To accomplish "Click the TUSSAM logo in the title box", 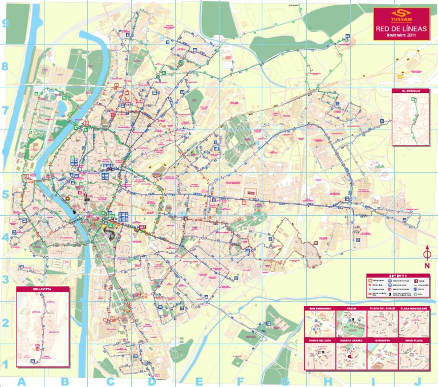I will tap(401, 16).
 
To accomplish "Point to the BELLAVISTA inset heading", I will tap(42, 289).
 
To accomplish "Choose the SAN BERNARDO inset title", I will tap(319, 309).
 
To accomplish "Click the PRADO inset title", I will tap(350, 309).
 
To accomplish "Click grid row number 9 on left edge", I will tap(6, 23).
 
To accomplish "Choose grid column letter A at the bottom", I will tap(22, 381).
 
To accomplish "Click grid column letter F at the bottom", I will tap(240, 381).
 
